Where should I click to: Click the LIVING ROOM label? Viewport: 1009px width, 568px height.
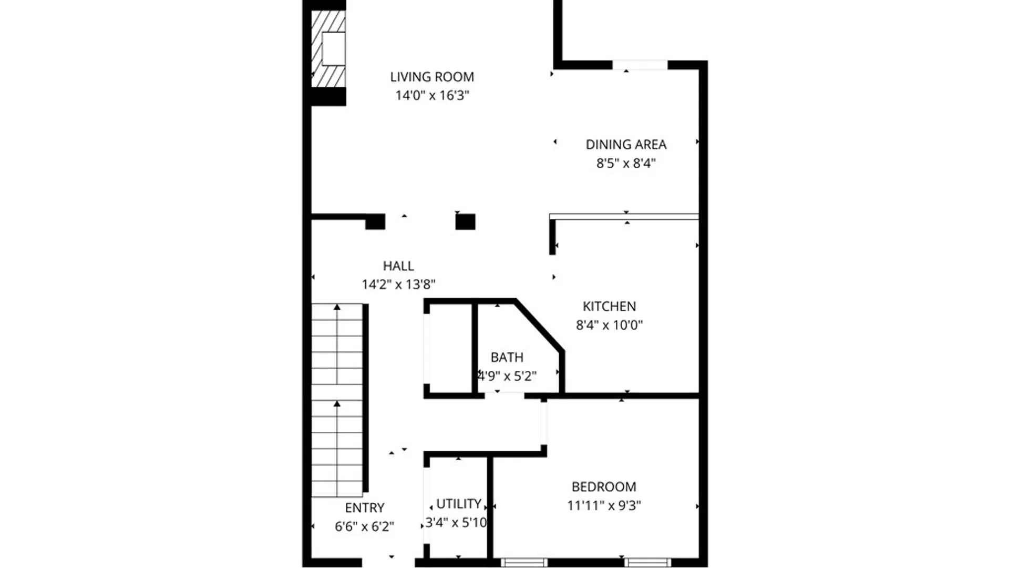(432, 77)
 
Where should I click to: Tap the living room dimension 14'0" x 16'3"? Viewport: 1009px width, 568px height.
(432, 95)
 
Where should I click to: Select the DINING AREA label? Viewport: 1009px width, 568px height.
(626, 144)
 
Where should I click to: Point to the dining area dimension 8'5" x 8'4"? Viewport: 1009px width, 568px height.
(626, 163)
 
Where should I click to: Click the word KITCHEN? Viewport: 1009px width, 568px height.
(609, 306)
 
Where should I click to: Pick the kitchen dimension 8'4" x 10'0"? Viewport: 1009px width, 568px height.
(609, 325)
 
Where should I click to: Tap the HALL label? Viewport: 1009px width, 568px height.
(398, 266)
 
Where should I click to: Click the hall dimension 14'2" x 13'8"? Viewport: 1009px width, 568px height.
(398, 285)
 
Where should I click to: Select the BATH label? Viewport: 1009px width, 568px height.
(507, 358)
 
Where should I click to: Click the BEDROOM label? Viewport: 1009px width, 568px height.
(604, 486)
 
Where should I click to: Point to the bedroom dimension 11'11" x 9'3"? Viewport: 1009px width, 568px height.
(604, 505)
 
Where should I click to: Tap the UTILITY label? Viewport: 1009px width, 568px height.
(459, 504)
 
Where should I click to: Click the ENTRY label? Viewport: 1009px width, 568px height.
(365, 508)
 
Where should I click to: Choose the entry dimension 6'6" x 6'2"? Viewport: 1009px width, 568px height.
(364, 526)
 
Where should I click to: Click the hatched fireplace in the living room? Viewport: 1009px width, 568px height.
(328, 49)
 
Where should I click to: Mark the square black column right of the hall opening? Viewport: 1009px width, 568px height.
(465, 221)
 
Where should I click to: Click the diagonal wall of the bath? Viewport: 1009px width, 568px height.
(540, 325)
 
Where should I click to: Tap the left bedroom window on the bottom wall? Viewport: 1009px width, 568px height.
(524, 563)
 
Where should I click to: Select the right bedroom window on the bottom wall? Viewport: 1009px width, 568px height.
(648, 563)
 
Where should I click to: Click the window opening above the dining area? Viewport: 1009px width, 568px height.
(640, 65)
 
